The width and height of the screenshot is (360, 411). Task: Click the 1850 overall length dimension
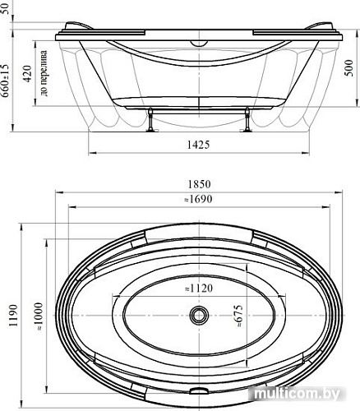click(x=199, y=184)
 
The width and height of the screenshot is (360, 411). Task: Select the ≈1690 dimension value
click(x=198, y=199)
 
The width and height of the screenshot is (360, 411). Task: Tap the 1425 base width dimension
click(x=198, y=145)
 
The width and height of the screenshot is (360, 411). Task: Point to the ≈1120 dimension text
click(x=199, y=289)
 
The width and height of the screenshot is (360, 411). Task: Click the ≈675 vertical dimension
click(x=239, y=316)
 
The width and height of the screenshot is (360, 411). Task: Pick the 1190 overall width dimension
click(x=13, y=315)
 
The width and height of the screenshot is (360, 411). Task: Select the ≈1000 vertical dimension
click(x=39, y=316)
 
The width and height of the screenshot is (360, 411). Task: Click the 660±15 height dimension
click(x=6, y=81)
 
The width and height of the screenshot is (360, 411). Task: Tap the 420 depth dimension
click(x=27, y=73)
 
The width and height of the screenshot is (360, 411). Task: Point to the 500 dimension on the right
click(x=348, y=68)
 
